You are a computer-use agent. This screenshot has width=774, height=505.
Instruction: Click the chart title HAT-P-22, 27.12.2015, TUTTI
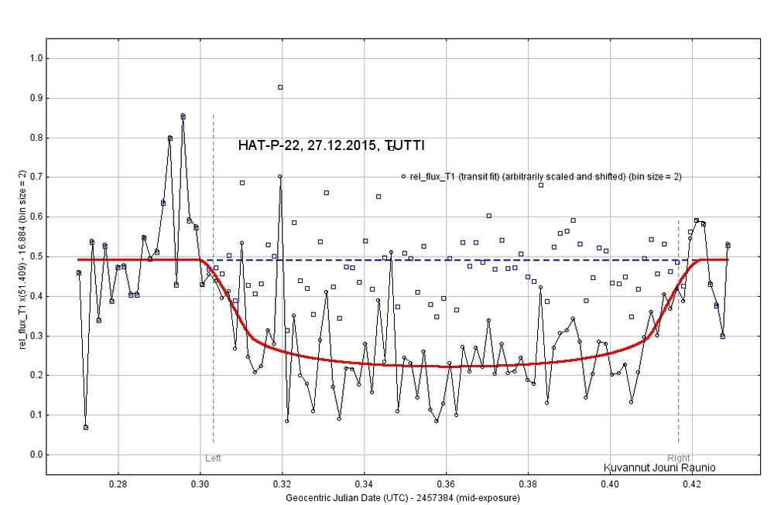coord(330,145)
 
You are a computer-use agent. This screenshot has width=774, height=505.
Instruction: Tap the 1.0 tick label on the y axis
coord(35,58)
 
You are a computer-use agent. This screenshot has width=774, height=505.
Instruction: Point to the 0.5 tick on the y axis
coord(35,257)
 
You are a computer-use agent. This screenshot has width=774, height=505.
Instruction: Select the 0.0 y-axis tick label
coord(35,455)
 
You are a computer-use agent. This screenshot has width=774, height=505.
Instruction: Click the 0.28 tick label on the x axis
coord(118,484)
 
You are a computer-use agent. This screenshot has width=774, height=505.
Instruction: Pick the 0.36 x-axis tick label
coord(446,484)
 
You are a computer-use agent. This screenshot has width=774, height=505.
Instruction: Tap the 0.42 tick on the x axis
coord(692,484)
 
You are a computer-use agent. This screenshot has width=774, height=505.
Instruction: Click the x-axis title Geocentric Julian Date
coord(402,497)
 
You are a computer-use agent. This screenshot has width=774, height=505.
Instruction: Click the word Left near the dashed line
coord(213,459)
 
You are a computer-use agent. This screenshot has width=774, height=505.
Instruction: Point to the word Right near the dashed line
coord(678,459)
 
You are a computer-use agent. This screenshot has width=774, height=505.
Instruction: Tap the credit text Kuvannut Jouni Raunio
coord(659,468)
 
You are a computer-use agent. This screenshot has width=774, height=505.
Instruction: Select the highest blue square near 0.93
coord(280,87)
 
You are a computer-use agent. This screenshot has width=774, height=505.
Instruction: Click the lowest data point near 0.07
coord(85,427)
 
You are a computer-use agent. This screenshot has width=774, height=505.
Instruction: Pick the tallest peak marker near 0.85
coord(183,116)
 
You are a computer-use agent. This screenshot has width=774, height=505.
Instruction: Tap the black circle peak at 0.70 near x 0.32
coord(280,176)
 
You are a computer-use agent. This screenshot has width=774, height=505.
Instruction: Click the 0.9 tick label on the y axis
coord(35,98)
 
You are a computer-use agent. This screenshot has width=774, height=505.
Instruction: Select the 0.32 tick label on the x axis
coord(282,484)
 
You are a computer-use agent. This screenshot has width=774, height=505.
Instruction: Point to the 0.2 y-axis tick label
coord(35,375)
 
